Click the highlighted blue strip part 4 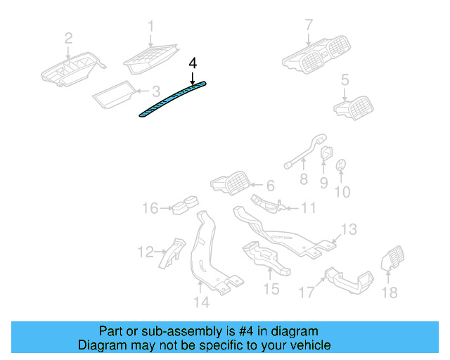tap(172, 100)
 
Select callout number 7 tap(308, 26)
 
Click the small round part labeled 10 tap(341, 166)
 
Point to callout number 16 tap(150, 208)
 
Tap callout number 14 tap(202, 302)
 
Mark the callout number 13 tap(349, 229)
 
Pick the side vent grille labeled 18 tap(391, 261)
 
